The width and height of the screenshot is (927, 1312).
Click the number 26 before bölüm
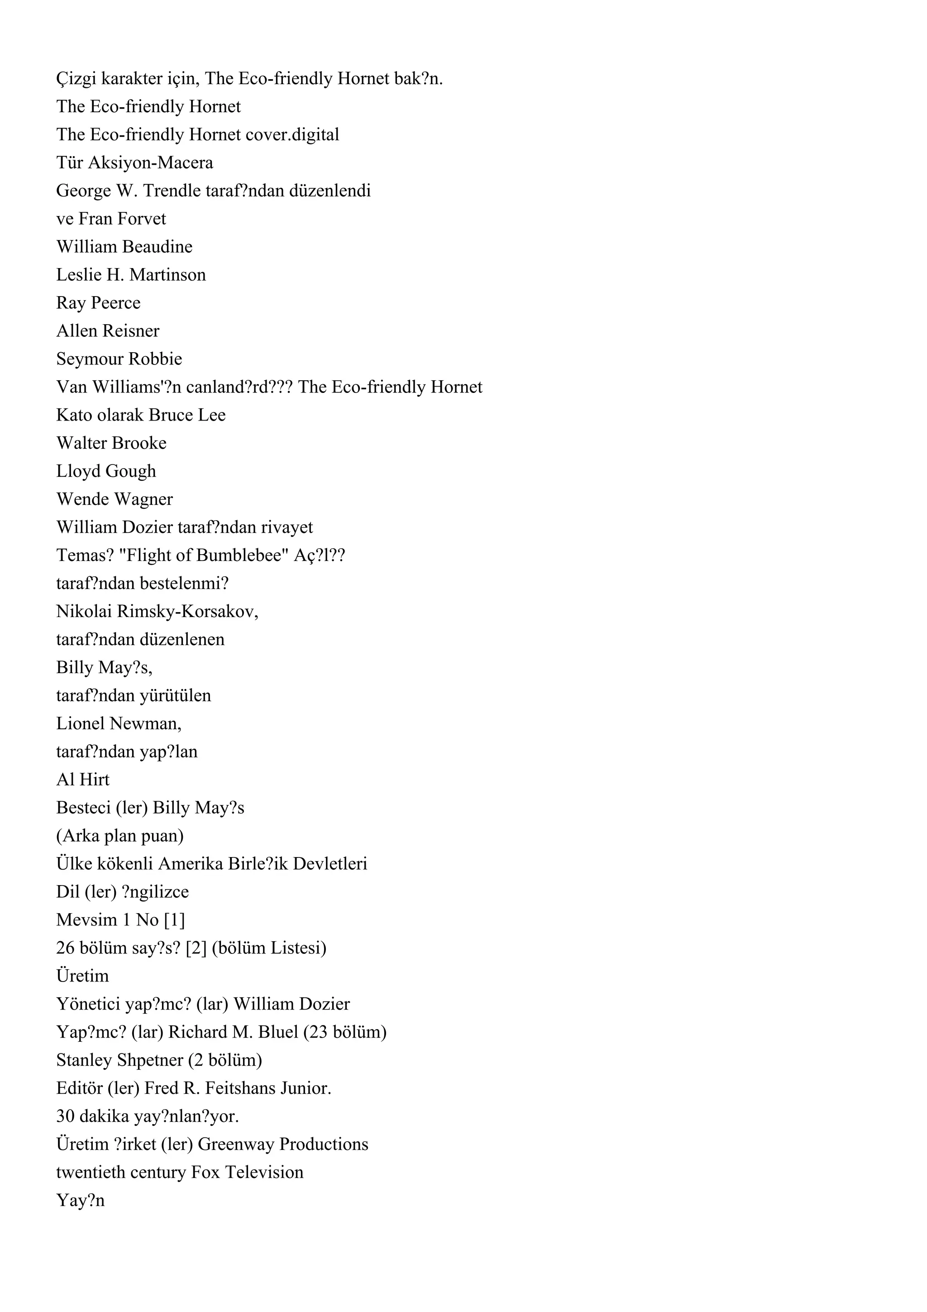(66, 948)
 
